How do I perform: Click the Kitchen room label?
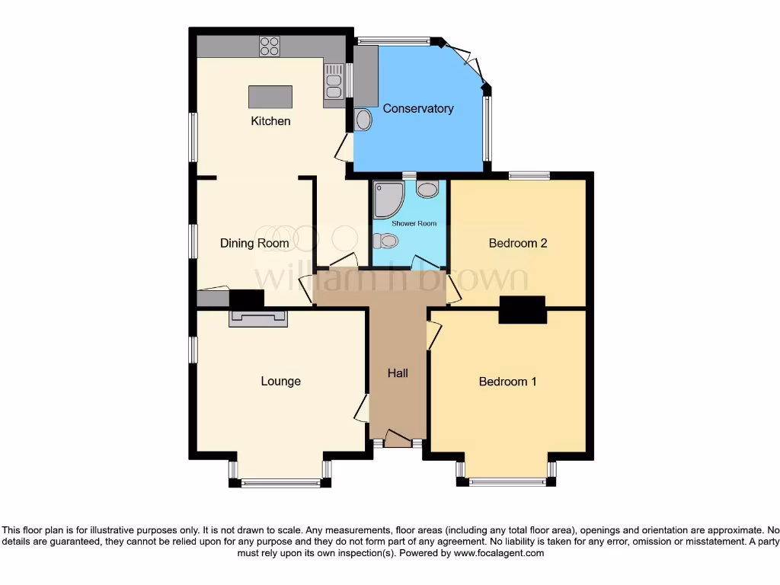tap(271, 121)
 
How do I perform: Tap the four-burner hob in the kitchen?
tap(270, 46)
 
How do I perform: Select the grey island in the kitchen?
tap(270, 97)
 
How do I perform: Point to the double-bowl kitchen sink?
tap(334, 82)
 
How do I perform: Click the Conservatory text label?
tap(418, 108)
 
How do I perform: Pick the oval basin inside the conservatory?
tap(363, 120)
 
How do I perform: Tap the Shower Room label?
tap(414, 223)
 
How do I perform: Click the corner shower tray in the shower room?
tap(387, 197)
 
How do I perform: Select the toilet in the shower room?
tap(387, 241)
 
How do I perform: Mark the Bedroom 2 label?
tap(518, 244)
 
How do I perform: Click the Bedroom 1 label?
tap(507, 381)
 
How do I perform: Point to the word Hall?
tap(398, 372)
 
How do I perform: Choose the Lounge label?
tap(280, 381)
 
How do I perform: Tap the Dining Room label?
tap(254, 244)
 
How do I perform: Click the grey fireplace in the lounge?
tap(258, 318)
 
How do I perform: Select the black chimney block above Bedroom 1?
tap(523, 309)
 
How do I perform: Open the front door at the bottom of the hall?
tap(398, 440)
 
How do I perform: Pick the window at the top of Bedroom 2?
tap(529, 175)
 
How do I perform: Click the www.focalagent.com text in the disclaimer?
tap(498, 554)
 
